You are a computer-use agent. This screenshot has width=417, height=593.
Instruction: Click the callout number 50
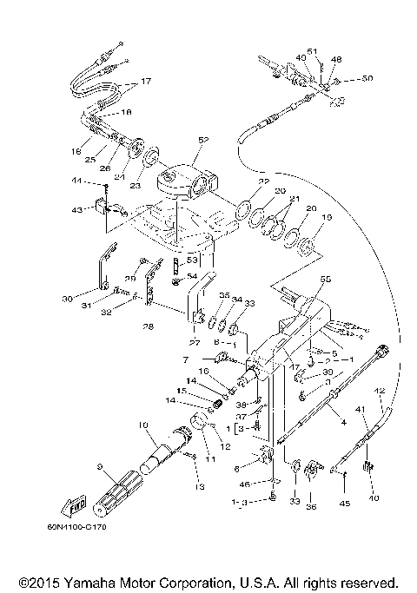click(x=367, y=79)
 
